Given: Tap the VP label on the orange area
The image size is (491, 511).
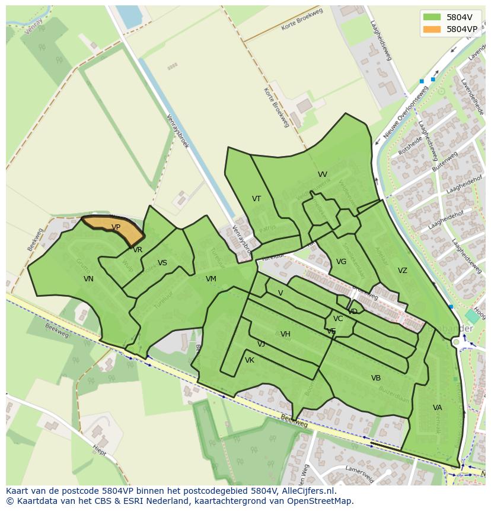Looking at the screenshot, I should click(116, 227).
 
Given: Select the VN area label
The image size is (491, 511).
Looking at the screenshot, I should click(88, 279).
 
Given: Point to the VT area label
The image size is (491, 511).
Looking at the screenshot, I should click(256, 199).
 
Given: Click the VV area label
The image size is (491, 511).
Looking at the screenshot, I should click(322, 174).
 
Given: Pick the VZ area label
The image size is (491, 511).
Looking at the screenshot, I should click(403, 271).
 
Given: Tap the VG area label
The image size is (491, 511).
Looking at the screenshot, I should click(341, 262).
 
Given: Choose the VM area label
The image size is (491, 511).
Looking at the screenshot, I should click(211, 279).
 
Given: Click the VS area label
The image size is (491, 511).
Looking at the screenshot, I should click(162, 263).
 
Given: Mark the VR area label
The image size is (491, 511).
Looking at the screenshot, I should click(138, 250).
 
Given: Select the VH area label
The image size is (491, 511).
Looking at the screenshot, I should click(285, 334).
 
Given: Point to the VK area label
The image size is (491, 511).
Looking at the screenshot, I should click(250, 360).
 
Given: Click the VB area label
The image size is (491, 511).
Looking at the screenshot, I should click(376, 378).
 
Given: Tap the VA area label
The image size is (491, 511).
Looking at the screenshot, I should click(437, 408).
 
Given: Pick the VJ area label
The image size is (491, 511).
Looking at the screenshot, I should click(261, 344).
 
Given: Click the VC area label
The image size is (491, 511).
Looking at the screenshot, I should click(338, 319).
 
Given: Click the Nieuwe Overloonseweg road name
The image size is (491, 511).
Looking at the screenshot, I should click(406, 112).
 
